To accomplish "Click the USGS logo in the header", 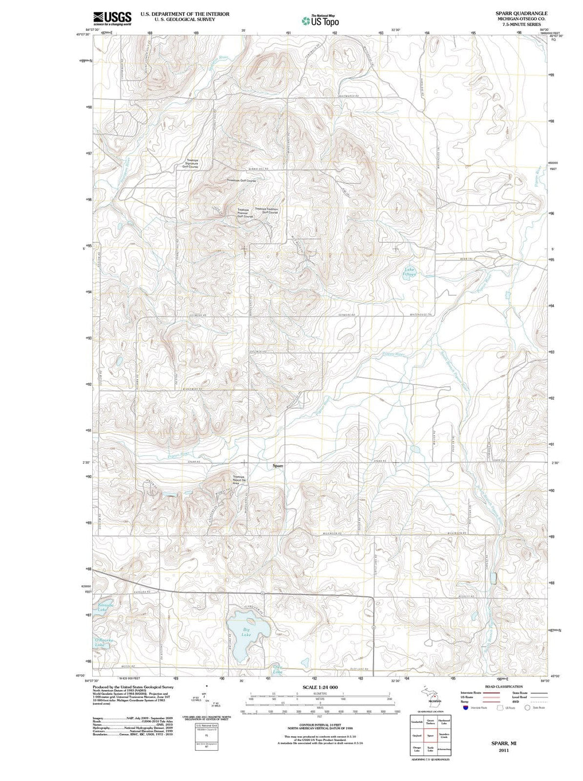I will [112, 18].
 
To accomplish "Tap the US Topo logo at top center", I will [321, 21].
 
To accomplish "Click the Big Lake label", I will [247, 632].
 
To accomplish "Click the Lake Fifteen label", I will [410, 272].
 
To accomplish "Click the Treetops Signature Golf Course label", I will [190, 164].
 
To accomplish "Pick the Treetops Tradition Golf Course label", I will [266, 210].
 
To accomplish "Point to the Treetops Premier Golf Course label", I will [245, 213].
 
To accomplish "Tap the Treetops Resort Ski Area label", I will [238, 480].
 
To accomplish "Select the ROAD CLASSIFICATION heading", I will [504, 687].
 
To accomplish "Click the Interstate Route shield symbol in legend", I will [465, 708].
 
